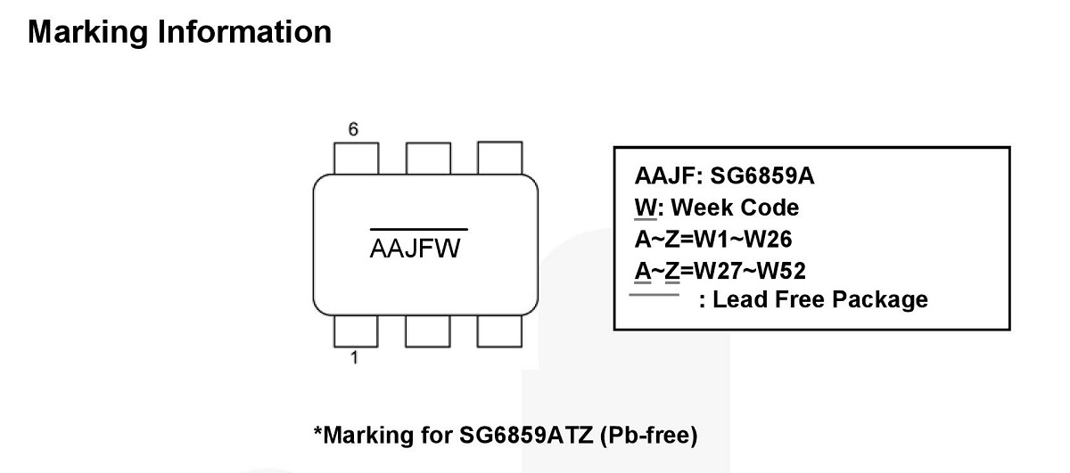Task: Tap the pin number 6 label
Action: click(x=353, y=130)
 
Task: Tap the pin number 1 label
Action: click(x=354, y=359)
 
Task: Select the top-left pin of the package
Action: click(x=355, y=159)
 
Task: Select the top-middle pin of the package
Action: click(x=427, y=159)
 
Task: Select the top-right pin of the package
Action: click(x=499, y=159)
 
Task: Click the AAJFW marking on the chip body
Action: click(x=416, y=249)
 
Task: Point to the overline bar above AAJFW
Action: click(x=418, y=230)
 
